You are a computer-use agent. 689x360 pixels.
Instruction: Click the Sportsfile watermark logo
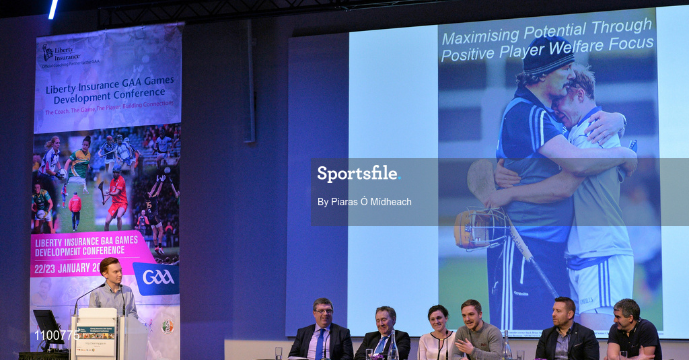pyautogui.click(x=358, y=174)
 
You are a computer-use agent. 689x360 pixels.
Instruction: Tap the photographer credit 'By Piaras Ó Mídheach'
pyautogui.click(x=364, y=202)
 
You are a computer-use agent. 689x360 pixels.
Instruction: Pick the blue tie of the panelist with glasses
pyautogui.click(x=320, y=343)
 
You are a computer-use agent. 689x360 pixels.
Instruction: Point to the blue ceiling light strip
pyautogui.click(x=53, y=9)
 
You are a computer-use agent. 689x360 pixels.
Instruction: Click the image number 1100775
pyautogui.click(x=57, y=334)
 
